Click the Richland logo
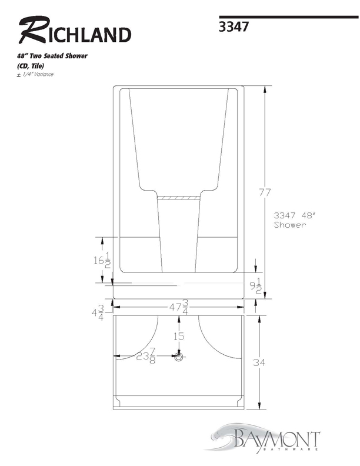(x=75, y=31)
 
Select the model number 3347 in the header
(x=234, y=26)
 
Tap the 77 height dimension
(x=265, y=192)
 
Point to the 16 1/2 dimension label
(x=102, y=260)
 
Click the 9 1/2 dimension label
(x=255, y=286)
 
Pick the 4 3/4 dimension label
(x=98, y=313)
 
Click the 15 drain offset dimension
(x=178, y=337)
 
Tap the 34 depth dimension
(x=259, y=362)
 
